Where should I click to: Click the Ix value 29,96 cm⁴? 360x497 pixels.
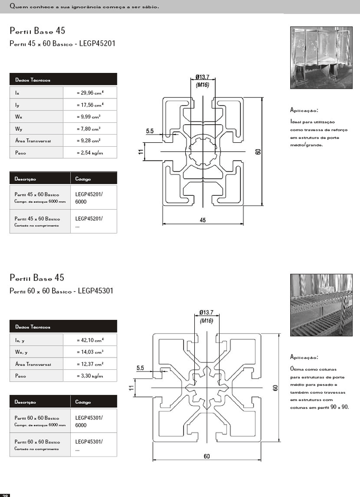pyautogui.click(x=90, y=92)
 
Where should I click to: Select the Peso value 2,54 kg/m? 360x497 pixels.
pyautogui.click(x=90, y=153)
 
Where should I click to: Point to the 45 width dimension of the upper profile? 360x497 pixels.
pyautogui.click(x=202, y=220)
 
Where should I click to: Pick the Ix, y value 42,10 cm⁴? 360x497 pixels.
pyautogui.click(x=90, y=340)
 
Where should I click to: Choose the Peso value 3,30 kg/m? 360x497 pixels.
pyautogui.click(x=90, y=376)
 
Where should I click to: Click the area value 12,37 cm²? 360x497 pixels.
pyautogui.click(x=90, y=364)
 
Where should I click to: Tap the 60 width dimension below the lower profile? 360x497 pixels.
pyautogui.click(x=206, y=456)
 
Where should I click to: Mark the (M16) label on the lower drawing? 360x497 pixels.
pyautogui.click(x=206, y=321)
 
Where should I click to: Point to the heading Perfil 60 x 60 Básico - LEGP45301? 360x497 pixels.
pyautogui.click(x=62, y=290)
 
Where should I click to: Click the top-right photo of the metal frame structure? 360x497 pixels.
pyautogui.click(x=321, y=57)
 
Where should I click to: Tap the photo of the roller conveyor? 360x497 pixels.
pyautogui.click(x=321, y=304)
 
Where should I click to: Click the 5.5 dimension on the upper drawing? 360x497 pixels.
pyautogui.click(x=150, y=131)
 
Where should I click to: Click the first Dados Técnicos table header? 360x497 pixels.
pyautogui.click(x=63, y=80)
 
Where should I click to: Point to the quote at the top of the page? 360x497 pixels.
pyautogui.click(x=84, y=6)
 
